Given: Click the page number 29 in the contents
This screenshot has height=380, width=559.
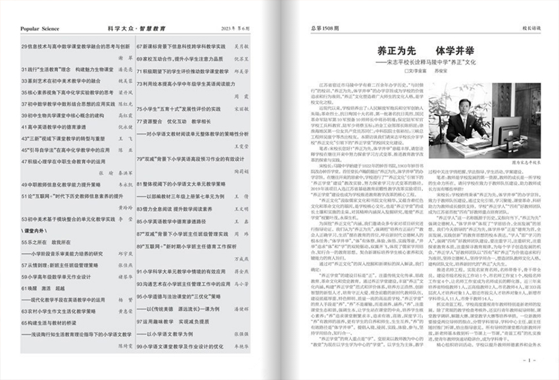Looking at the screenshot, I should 25,47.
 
